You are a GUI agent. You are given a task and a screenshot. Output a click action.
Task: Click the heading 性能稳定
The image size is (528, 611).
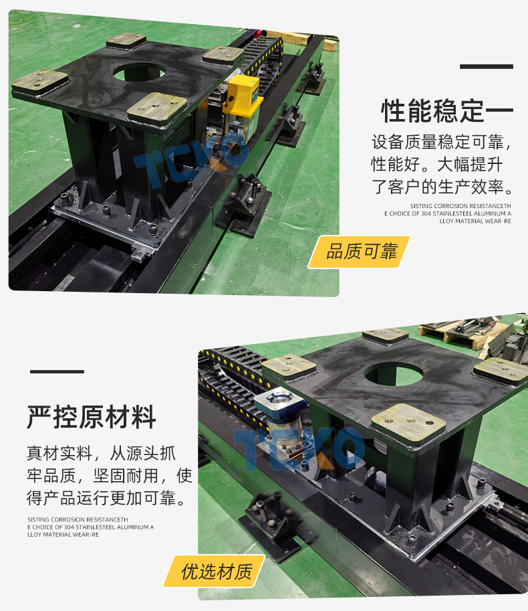click(x=432, y=110)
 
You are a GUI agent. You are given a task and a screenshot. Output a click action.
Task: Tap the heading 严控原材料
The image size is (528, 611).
click(x=92, y=417)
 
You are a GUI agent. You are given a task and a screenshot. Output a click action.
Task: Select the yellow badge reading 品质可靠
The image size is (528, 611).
click(x=359, y=252)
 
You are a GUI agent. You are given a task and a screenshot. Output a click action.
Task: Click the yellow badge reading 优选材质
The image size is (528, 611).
click(x=214, y=572)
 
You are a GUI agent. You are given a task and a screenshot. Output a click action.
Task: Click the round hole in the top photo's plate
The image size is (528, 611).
click(x=139, y=72)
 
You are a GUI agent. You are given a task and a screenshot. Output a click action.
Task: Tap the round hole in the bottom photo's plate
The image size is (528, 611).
click(x=394, y=374)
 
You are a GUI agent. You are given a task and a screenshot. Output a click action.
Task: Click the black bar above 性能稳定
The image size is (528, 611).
click(x=487, y=67)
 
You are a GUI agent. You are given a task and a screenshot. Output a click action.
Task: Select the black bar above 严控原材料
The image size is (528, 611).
click(x=57, y=371)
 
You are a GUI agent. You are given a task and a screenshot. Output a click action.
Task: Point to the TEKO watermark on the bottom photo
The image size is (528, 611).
click(x=299, y=448)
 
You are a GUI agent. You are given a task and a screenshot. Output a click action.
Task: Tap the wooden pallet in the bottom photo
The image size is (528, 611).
click(x=459, y=335)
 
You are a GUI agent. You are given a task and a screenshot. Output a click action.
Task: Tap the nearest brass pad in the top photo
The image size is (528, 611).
click(x=157, y=106)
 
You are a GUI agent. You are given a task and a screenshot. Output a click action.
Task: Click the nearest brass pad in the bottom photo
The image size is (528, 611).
click(x=408, y=424)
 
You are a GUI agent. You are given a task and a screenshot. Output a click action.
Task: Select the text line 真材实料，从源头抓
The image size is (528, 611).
click(x=101, y=454)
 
